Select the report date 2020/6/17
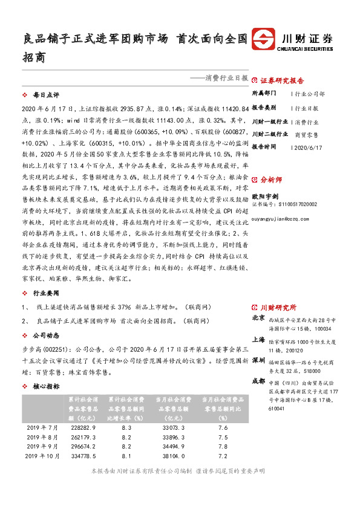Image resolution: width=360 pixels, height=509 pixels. (x=308, y=147)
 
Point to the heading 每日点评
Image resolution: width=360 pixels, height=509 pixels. (x=47, y=96)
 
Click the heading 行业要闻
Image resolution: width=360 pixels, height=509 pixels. (x=47, y=292)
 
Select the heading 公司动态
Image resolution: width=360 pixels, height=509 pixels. (x=47, y=334)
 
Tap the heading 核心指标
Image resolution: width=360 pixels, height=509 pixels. (x=47, y=386)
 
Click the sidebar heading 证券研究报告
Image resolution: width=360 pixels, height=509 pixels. (x=282, y=80)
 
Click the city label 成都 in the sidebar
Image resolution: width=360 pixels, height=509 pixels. (x=258, y=381)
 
